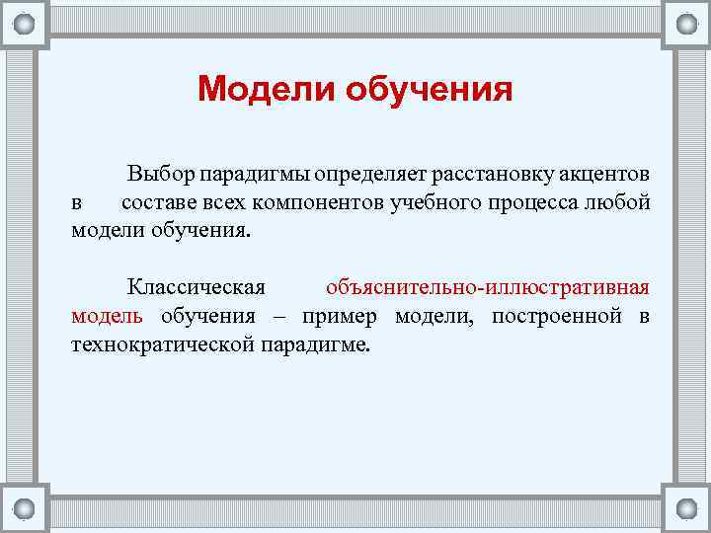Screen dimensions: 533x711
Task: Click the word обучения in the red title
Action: [x=431, y=89]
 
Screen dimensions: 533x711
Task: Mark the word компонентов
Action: [x=319, y=203]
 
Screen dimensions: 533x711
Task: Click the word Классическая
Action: [x=197, y=287]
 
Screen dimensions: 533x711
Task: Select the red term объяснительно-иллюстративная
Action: [x=487, y=287]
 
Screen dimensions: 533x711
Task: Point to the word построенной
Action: [x=554, y=316]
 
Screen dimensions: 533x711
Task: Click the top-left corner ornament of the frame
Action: [x=25, y=23]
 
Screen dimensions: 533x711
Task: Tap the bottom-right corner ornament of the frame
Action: [x=685, y=508]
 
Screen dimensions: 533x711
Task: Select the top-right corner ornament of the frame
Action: [x=685, y=23]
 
